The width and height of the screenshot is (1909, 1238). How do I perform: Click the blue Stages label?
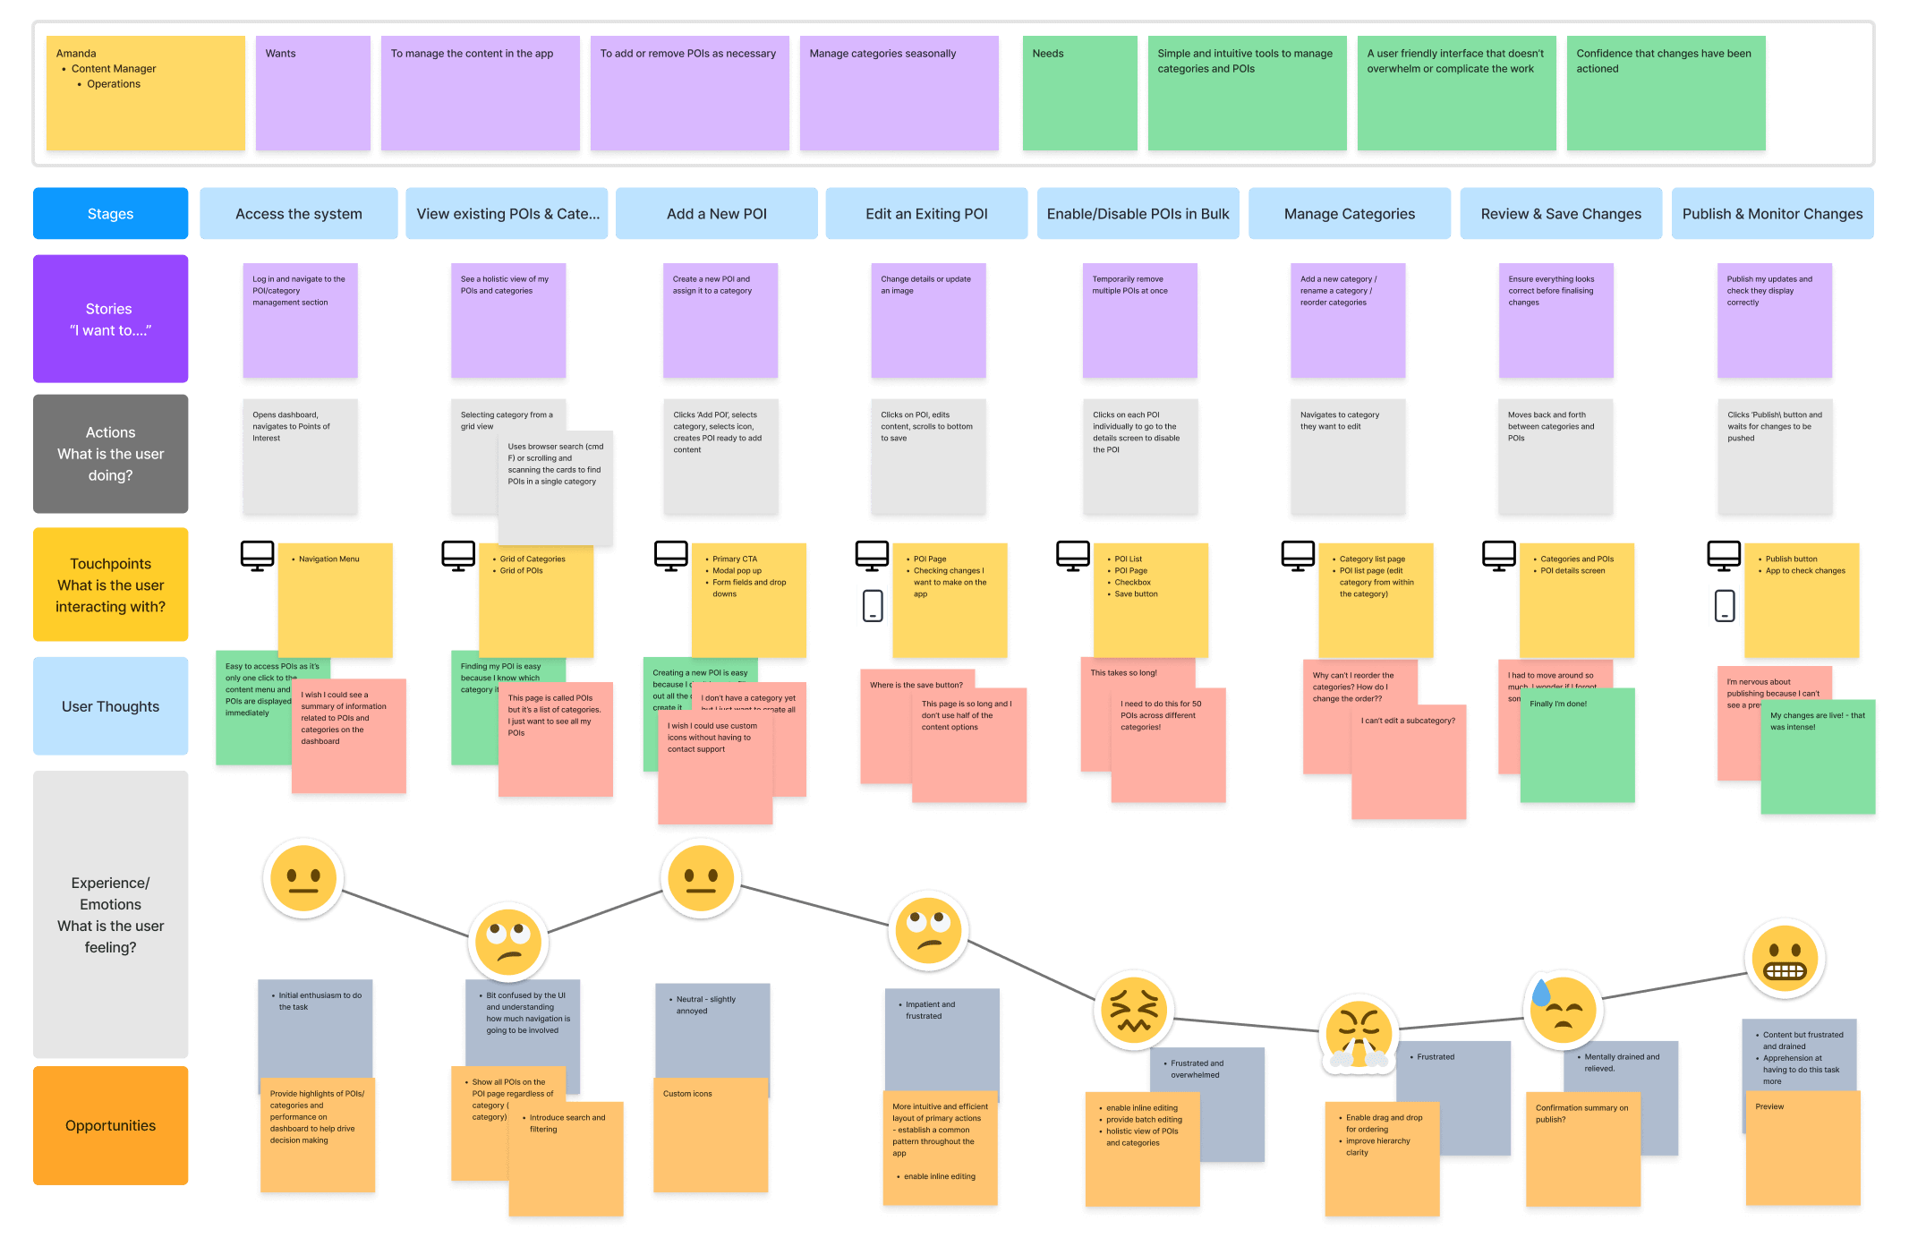(110, 214)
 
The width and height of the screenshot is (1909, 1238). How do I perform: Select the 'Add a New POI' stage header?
(716, 214)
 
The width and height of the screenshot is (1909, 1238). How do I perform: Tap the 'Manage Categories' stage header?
(1349, 214)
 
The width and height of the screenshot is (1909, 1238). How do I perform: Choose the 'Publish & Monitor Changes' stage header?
(1771, 214)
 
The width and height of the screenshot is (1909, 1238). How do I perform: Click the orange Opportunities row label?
(110, 1125)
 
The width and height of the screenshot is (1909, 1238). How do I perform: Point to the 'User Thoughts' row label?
(110, 706)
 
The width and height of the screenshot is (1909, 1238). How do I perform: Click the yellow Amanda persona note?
(145, 93)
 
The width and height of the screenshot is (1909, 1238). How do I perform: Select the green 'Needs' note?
(1079, 93)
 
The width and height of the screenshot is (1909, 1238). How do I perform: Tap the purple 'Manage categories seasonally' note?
(899, 93)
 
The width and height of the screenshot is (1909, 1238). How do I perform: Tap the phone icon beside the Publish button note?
(1725, 605)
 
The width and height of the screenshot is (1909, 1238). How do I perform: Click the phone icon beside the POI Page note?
(873, 605)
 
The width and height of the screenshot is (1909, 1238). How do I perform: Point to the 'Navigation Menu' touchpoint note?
(335, 600)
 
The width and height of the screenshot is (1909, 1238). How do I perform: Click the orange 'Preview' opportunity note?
(1802, 1148)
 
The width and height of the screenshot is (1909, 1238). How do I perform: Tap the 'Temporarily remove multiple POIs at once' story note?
(1139, 320)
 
